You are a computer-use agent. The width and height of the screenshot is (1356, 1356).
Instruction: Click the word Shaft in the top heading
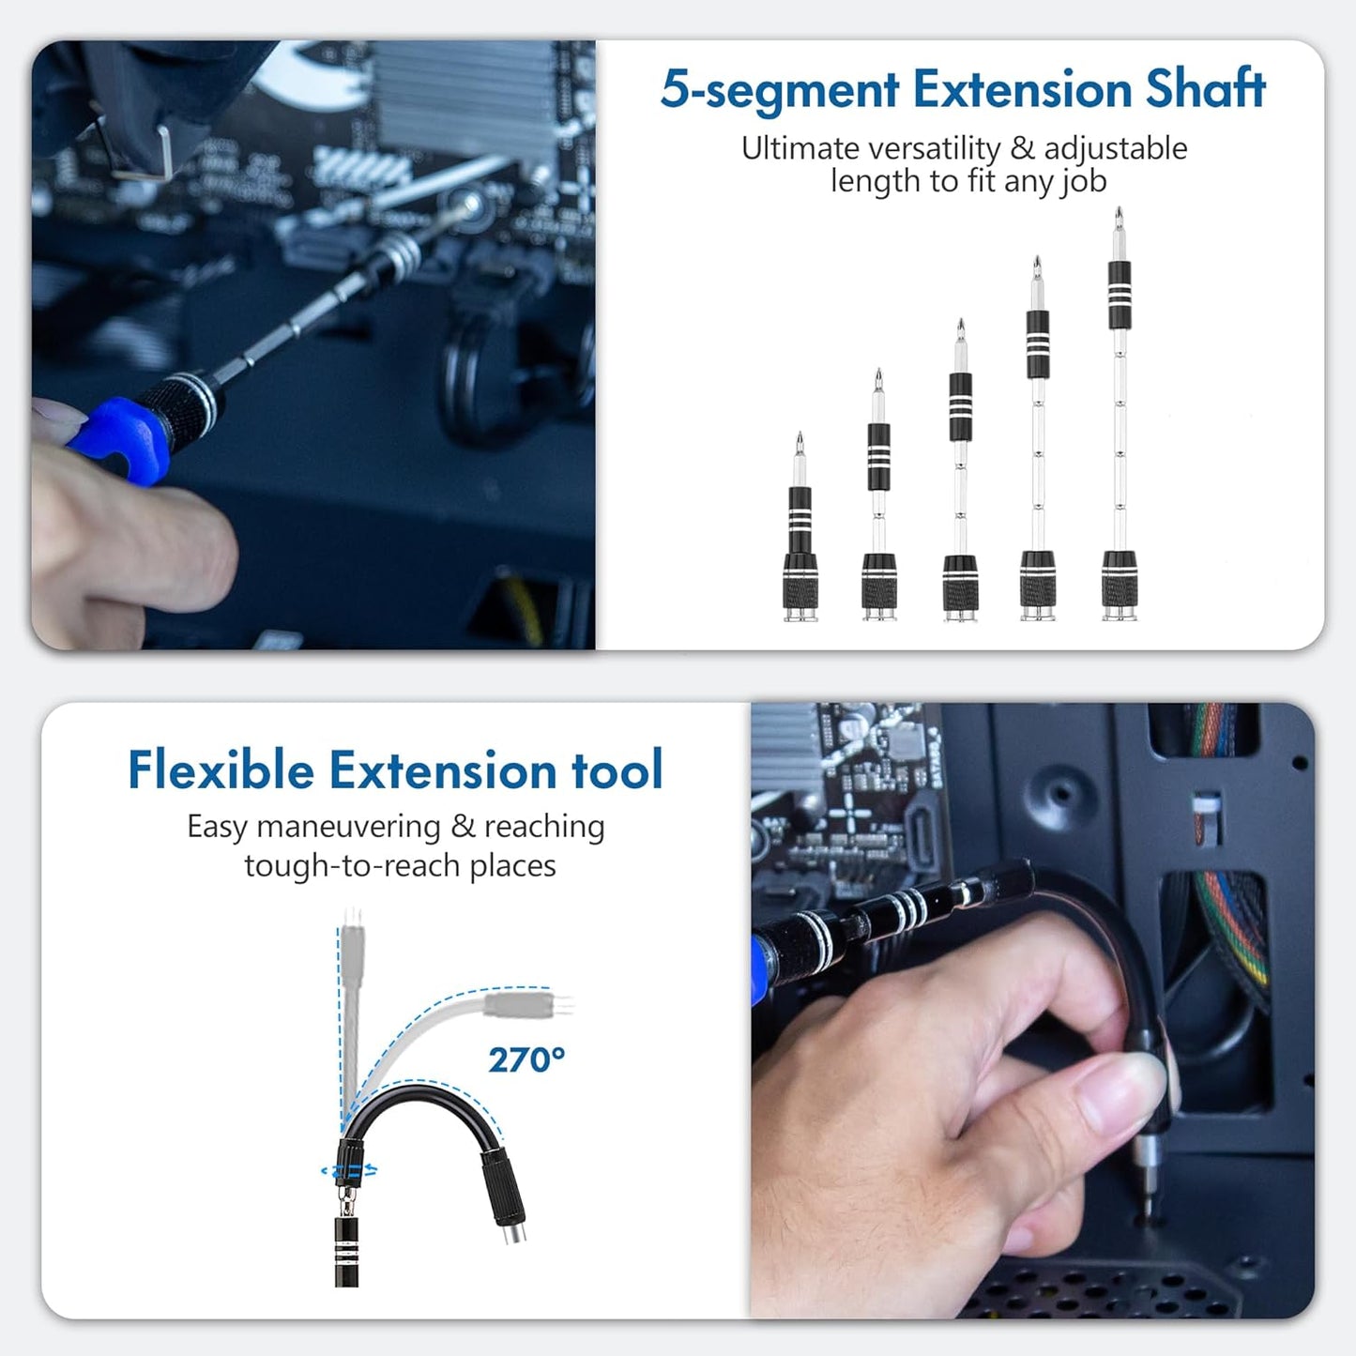[1205, 90]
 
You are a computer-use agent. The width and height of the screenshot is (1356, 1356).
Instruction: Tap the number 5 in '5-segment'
[675, 90]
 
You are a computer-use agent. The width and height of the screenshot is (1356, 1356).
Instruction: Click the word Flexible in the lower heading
[221, 770]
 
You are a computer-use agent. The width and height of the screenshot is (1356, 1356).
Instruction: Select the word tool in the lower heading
[617, 770]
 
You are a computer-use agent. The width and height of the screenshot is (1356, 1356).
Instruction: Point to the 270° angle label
[526, 1060]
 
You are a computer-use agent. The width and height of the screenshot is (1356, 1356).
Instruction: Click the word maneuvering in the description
[348, 827]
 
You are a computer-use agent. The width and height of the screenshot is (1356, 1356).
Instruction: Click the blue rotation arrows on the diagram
[349, 1170]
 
